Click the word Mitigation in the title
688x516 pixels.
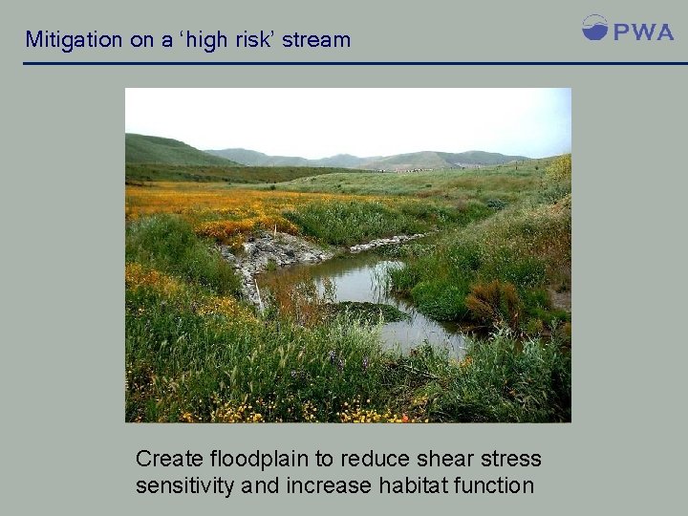click(x=74, y=40)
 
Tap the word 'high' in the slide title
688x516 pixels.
click(x=197, y=40)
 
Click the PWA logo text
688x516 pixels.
click(x=643, y=32)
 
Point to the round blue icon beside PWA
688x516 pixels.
click(x=594, y=28)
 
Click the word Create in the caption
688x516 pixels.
click(x=169, y=459)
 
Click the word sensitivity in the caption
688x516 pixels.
click(x=184, y=485)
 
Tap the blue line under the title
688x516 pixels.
click(x=344, y=64)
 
